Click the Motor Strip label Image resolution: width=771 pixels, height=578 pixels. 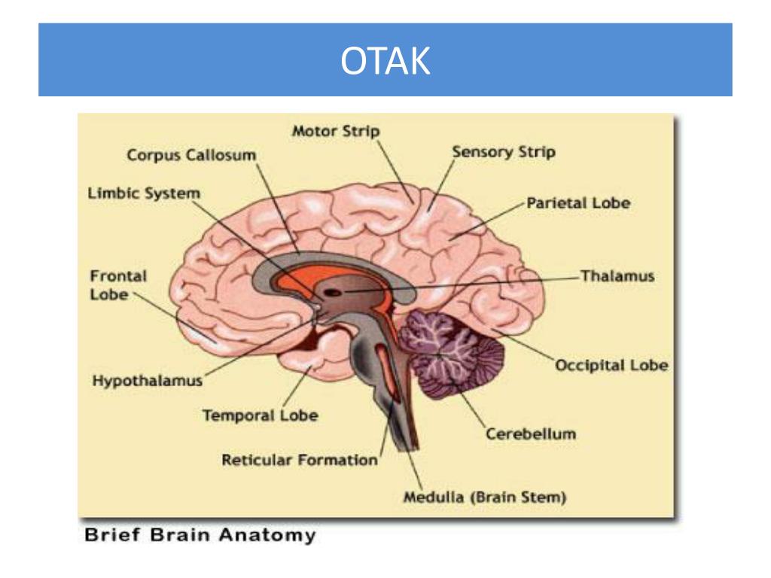[x=335, y=131]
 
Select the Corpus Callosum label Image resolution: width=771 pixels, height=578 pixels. [x=191, y=155]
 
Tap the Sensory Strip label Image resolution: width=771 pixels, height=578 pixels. [x=503, y=152]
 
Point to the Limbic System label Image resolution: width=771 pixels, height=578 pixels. [x=145, y=194]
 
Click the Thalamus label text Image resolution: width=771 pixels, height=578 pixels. [x=617, y=275]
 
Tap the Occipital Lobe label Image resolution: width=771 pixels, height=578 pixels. [x=611, y=366]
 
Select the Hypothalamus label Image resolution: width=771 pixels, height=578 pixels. [x=148, y=381]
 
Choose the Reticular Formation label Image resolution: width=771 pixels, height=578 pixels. [x=299, y=459]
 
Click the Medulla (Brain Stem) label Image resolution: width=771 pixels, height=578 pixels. [x=485, y=497]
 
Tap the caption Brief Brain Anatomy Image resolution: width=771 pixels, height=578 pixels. [x=200, y=537]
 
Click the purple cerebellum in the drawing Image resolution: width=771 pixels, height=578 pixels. [x=452, y=350]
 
